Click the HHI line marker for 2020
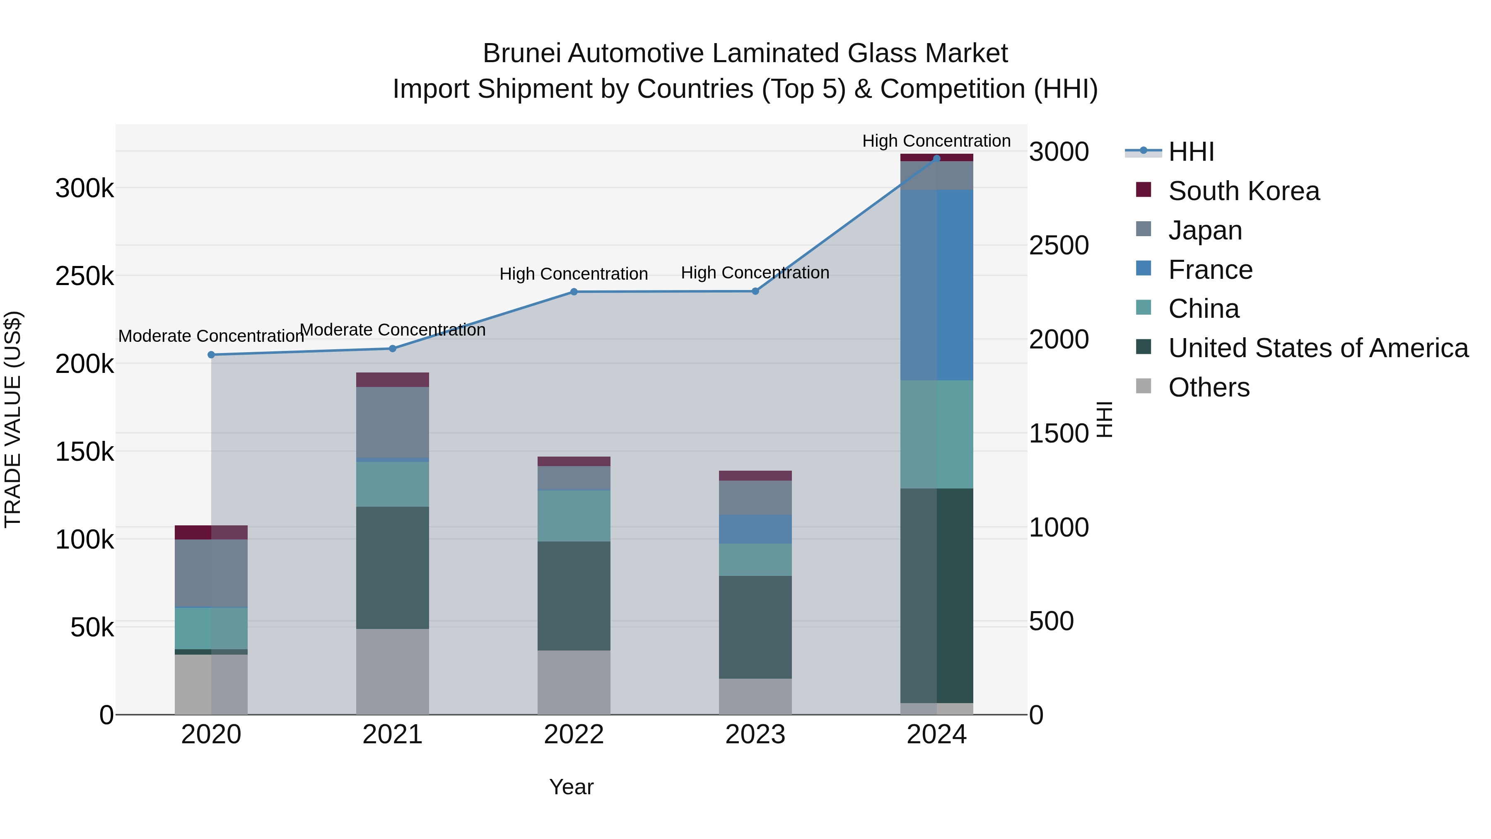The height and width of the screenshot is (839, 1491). (211, 355)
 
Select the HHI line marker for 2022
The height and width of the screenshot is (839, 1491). (574, 292)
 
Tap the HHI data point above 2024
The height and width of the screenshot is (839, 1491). (936, 158)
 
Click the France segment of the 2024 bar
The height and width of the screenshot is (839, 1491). (936, 285)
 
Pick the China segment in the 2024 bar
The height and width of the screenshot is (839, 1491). (936, 434)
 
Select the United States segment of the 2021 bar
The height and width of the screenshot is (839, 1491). (393, 568)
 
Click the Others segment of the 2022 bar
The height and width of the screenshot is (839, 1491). (574, 682)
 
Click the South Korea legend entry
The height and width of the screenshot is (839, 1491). (1243, 191)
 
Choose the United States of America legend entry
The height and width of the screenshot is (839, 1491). (1318, 348)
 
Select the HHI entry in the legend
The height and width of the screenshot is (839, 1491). (1191, 152)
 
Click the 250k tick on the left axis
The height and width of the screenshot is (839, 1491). (84, 276)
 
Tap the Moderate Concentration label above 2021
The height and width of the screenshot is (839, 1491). (393, 330)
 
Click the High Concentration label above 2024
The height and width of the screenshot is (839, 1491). (936, 141)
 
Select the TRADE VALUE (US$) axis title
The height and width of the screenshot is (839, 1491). (13, 419)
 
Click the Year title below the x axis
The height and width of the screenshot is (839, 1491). (571, 787)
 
